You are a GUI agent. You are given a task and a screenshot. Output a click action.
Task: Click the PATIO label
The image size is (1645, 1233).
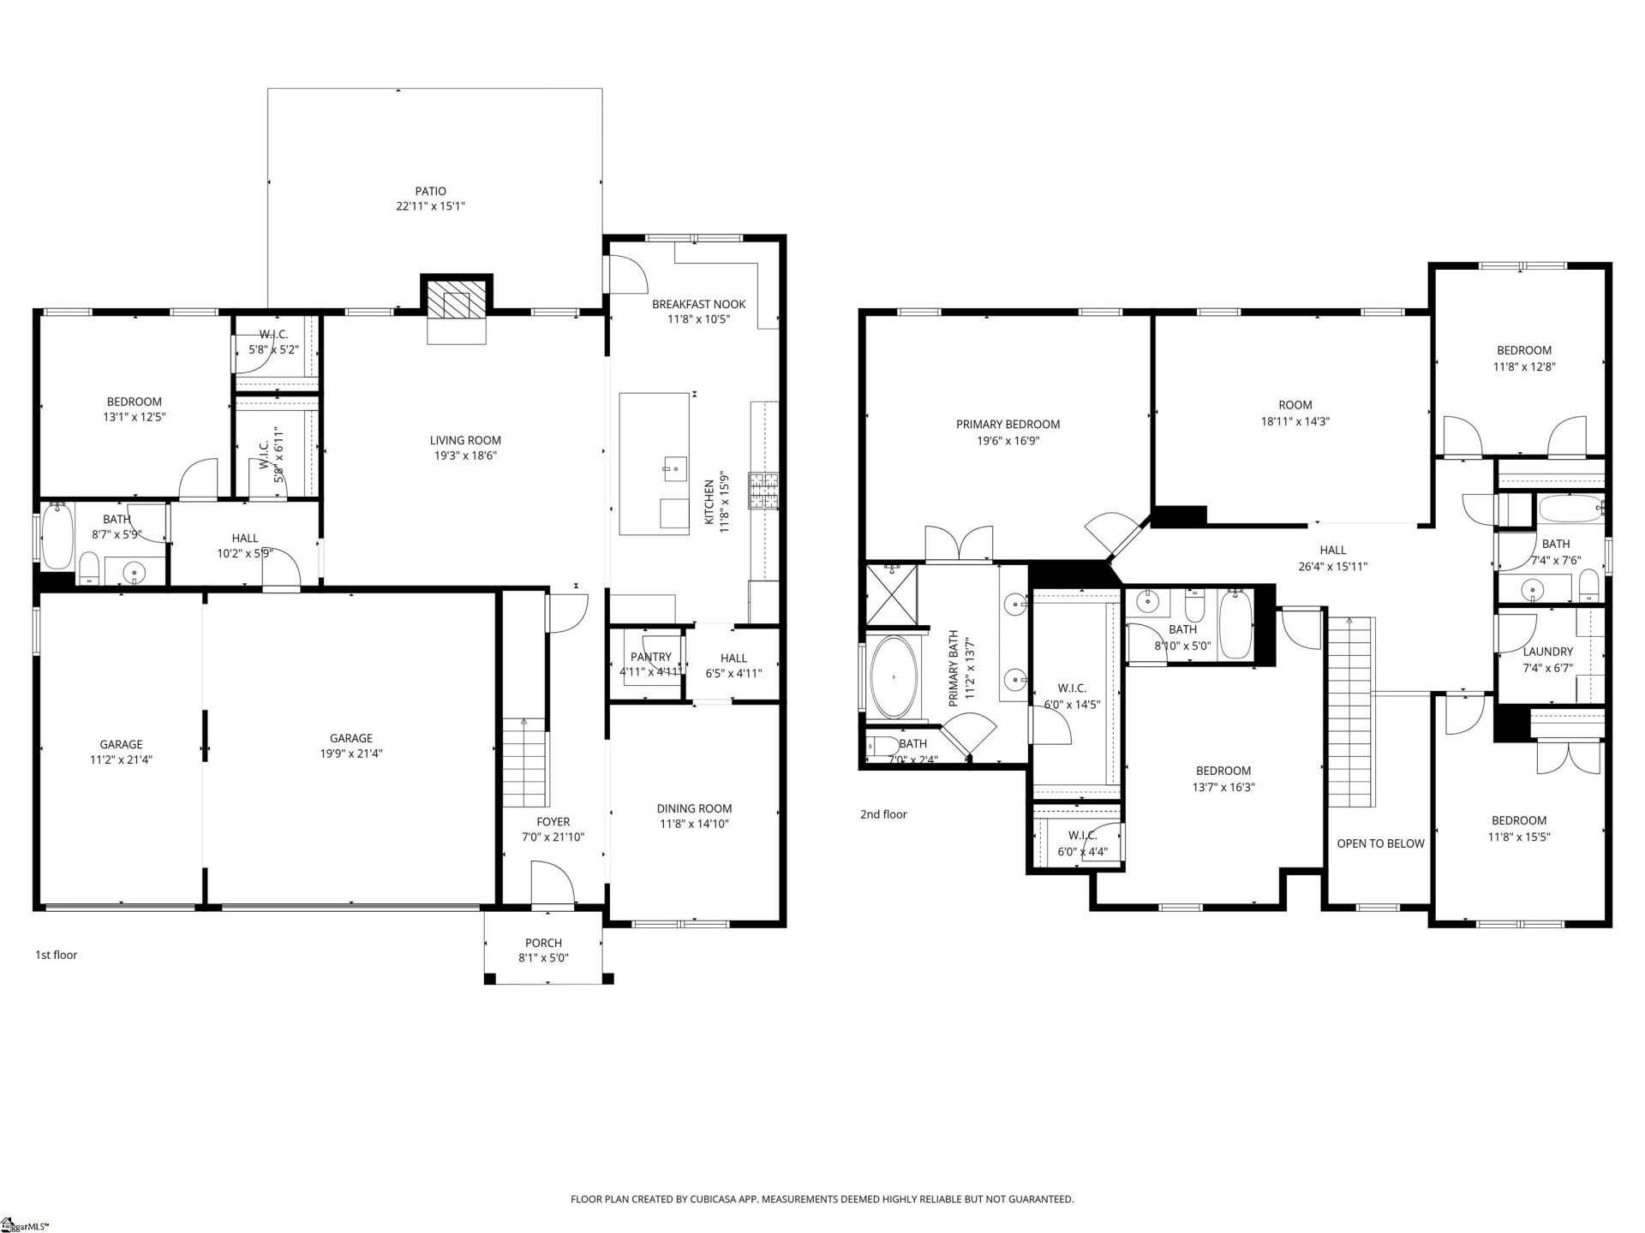tap(430, 192)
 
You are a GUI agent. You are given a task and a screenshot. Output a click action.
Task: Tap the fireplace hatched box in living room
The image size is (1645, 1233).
tap(456, 301)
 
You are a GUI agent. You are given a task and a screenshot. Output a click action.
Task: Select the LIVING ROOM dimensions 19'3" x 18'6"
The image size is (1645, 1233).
tap(465, 456)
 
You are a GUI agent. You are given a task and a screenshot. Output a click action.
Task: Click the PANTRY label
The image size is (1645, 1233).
tap(651, 658)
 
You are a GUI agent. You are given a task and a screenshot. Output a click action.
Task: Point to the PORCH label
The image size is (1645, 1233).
tap(543, 943)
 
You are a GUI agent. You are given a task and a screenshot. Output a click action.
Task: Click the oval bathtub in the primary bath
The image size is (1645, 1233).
tap(894, 677)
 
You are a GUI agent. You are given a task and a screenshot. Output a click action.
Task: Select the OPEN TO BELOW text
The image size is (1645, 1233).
tap(1380, 843)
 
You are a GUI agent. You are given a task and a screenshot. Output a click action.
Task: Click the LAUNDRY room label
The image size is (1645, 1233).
tap(1547, 652)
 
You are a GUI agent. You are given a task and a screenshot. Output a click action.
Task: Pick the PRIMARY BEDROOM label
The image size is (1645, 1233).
tap(1008, 425)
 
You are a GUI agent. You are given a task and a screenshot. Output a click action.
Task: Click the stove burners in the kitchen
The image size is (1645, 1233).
tap(763, 491)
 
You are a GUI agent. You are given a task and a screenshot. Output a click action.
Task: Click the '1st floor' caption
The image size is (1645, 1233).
tap(56, 955)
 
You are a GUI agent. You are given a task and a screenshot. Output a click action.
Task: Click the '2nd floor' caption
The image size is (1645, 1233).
tap(883, 814)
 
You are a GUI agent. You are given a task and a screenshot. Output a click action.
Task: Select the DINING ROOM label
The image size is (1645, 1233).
tap(694, 808)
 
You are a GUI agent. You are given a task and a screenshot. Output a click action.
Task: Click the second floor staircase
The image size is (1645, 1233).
tap(1349, 711)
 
